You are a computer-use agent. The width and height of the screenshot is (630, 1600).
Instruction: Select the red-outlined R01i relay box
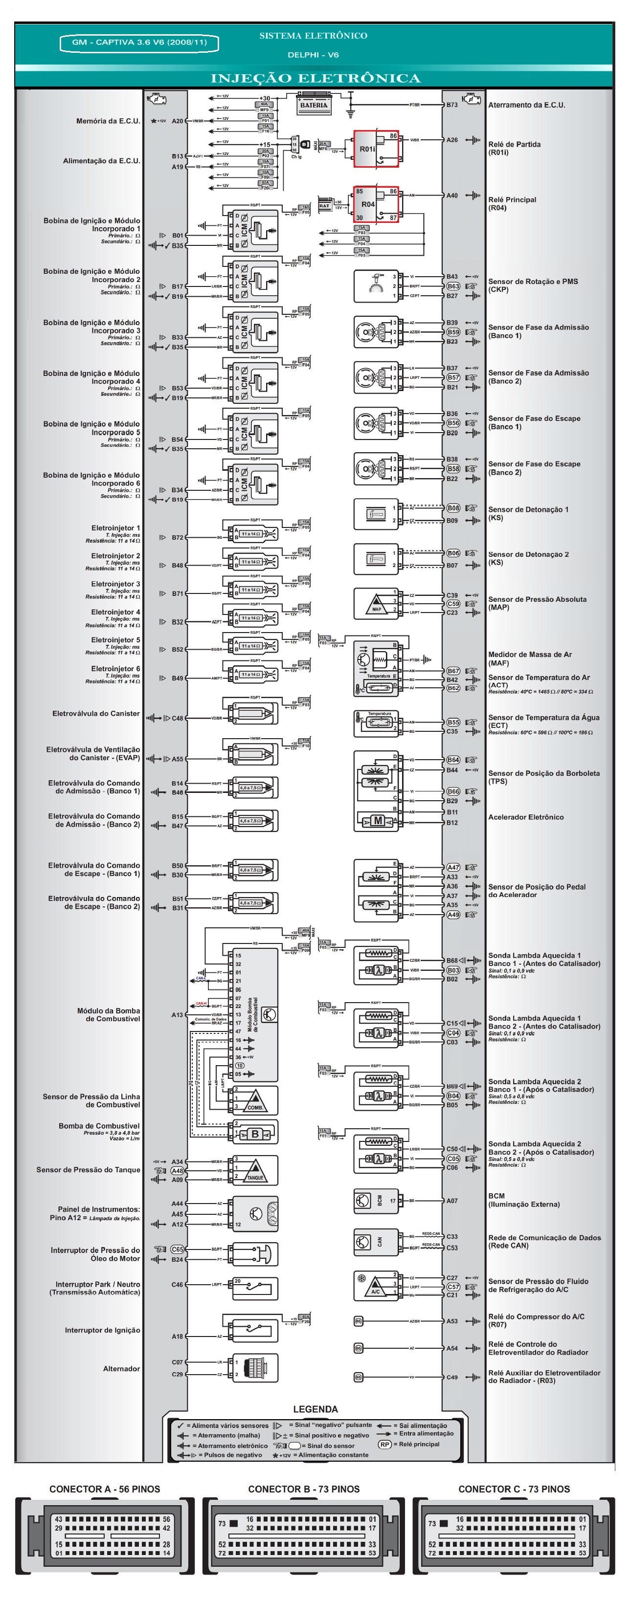tap(376, 149)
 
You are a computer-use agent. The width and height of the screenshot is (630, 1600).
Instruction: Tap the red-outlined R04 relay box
tap(375, 204)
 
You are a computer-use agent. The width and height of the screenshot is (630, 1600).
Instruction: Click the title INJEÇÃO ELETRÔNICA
tap(315, 78)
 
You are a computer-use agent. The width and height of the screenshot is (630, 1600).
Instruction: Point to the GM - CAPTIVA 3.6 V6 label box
tap(139, 42)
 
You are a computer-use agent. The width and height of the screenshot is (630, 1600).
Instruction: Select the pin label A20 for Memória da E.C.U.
tap(177, 121)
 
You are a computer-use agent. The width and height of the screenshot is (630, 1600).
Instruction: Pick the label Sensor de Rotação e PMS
tap(533, 282)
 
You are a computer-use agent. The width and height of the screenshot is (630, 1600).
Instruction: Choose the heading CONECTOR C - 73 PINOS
tap(514, 1489)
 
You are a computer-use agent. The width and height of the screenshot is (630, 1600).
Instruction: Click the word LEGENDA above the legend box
tap(315, 1409)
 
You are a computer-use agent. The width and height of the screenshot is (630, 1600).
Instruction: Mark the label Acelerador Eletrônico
tap(526, 817)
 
